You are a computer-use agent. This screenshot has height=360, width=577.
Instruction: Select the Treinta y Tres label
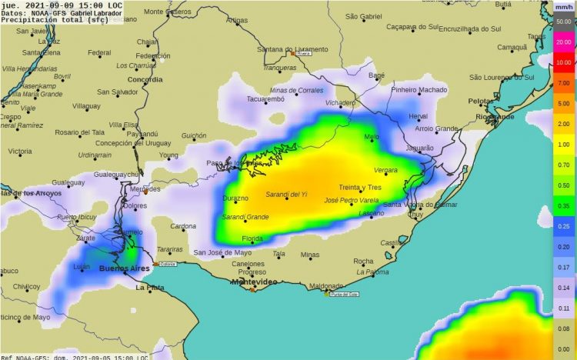[360, 188]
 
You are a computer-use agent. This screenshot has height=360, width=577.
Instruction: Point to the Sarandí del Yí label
[286, 194]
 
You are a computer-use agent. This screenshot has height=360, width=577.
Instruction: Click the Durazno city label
[235, 198]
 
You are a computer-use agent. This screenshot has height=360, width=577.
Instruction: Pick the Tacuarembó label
[266, 99]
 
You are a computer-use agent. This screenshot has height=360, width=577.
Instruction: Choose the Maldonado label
[325, 285]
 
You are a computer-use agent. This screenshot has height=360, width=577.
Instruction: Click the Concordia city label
[145, 78]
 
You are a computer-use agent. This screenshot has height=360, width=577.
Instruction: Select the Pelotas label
[480, 101]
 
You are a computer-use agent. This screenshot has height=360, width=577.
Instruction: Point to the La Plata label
[150, 288]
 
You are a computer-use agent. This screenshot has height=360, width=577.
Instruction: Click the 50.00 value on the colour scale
[563, 22]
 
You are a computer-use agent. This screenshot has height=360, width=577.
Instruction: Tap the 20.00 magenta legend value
[563, 43]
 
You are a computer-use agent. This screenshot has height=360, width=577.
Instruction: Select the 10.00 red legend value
[563, 62]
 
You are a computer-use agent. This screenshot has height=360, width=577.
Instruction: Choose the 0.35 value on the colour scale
[563, 206]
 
